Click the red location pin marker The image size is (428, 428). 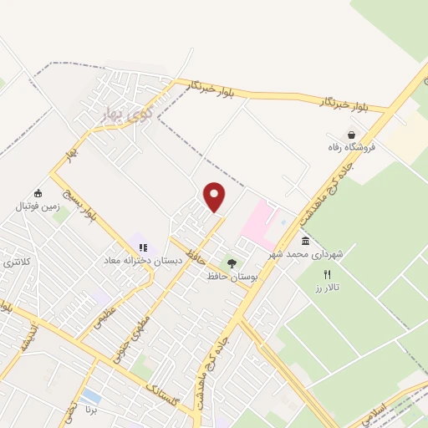coord(215,197)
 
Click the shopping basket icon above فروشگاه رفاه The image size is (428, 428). coord(351,134)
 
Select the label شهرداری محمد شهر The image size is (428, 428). coord(305,252)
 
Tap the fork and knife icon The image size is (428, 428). coord(329,273)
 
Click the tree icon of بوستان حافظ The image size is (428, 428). coord(232,262)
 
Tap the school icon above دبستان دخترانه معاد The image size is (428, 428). coord(143,247)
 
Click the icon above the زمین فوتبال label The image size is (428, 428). coord(38,192)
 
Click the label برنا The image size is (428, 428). coord(91,412)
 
